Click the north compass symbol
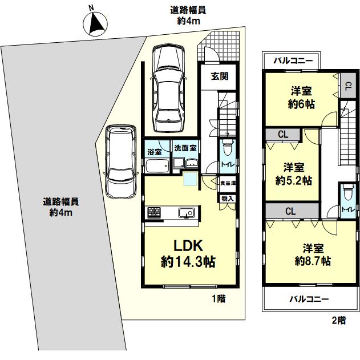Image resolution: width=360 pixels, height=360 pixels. [95, 23]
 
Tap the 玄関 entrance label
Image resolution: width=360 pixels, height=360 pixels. [220, 76]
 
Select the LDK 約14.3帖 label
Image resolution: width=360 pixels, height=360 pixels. [188, 254]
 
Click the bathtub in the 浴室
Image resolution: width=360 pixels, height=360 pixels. [157, 166]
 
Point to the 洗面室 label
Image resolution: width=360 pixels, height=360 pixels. [185, 148]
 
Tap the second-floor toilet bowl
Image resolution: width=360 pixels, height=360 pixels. [347, 191]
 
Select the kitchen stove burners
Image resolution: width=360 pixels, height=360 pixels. [154, 212]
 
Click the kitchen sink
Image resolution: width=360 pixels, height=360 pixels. [187, 213]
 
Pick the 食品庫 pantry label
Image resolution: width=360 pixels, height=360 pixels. [228, 183]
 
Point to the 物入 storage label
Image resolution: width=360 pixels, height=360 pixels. [227, 199]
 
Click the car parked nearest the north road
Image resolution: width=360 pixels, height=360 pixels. [169, 88]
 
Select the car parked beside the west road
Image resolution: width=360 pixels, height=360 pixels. [121, 161]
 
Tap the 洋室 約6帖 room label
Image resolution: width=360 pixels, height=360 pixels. [301, 98]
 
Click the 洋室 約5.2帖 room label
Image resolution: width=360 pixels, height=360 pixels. [294, 174]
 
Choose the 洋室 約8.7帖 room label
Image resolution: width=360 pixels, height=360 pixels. [313, 254]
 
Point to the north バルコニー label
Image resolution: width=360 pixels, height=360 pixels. [293, 61]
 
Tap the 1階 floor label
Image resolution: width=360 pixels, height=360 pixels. [219, 298]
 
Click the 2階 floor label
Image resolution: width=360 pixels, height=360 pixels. [339, 320]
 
